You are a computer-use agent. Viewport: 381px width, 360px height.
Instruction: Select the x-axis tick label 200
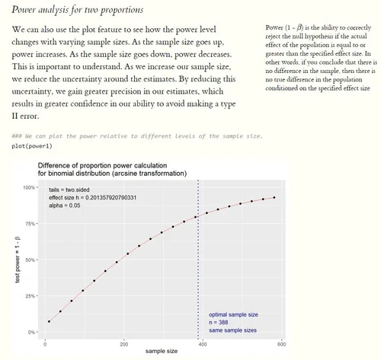coord(123,344)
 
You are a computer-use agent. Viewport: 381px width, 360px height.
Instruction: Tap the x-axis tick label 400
coord(203,344)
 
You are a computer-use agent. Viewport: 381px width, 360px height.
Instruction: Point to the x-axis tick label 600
coord(281,344)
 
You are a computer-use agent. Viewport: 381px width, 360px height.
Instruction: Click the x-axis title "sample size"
coord(163,353)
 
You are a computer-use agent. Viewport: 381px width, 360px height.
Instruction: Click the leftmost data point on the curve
coord(49,322)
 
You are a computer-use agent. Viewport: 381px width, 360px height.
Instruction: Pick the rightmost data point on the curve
coord(274,198)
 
